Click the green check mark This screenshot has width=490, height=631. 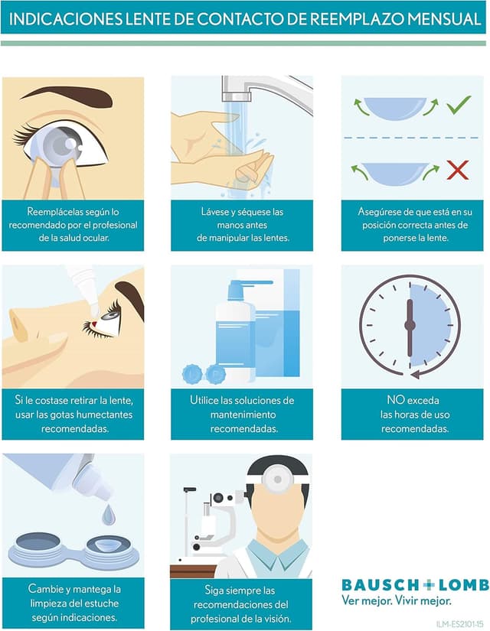click(x=458, y=105)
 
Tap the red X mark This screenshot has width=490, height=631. click(x=458, y=170)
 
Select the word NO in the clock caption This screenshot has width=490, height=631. click(x=395, y=400)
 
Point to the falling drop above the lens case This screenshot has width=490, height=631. click(x=109, y=515)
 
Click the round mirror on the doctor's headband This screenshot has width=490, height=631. click(x=277, y=479)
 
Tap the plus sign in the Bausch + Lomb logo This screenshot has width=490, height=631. click(x=428, y=585)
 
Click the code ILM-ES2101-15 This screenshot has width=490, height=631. click(x=460, y=623)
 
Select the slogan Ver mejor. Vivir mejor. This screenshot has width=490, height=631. click(x=397, y=601)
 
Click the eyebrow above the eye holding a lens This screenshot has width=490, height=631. click(x=67, y=96)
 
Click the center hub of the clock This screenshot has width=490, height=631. click(x=410, y=325)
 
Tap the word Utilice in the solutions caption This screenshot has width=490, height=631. click(x=204, y=400)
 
